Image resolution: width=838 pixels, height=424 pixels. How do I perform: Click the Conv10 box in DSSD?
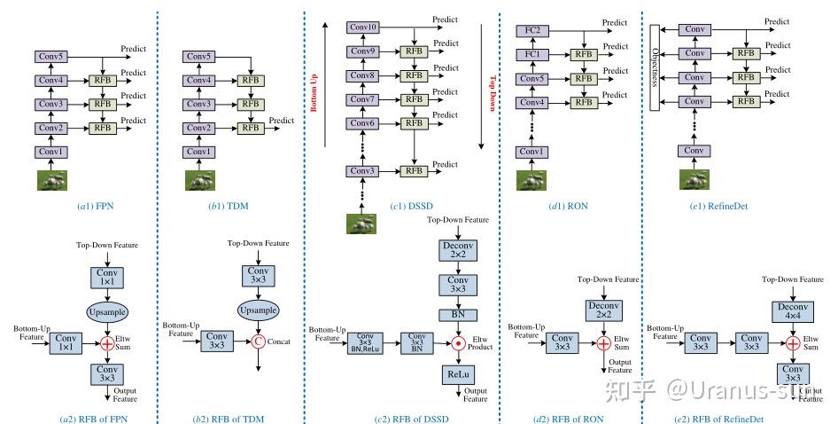point(363,27)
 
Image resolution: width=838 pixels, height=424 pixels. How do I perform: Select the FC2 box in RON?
point(532,30)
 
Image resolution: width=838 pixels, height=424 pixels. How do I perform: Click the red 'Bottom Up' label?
point(313,92)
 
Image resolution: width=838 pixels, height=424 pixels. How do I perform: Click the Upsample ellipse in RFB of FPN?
point(107,312)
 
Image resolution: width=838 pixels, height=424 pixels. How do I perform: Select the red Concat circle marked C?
point(260,340)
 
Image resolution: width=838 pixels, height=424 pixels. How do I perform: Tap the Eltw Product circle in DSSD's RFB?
point(459,341)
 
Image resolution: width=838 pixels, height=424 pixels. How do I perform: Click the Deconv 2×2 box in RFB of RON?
point(604,311)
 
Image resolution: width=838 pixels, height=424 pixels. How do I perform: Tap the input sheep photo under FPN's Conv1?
point(51,180)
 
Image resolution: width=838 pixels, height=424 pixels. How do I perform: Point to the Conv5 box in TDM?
point(199,57)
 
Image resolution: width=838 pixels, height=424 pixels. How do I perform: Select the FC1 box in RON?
point(532,54)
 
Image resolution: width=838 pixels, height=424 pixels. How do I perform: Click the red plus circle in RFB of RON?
point(604,342)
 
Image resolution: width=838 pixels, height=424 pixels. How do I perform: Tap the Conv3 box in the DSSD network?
point(363,169)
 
